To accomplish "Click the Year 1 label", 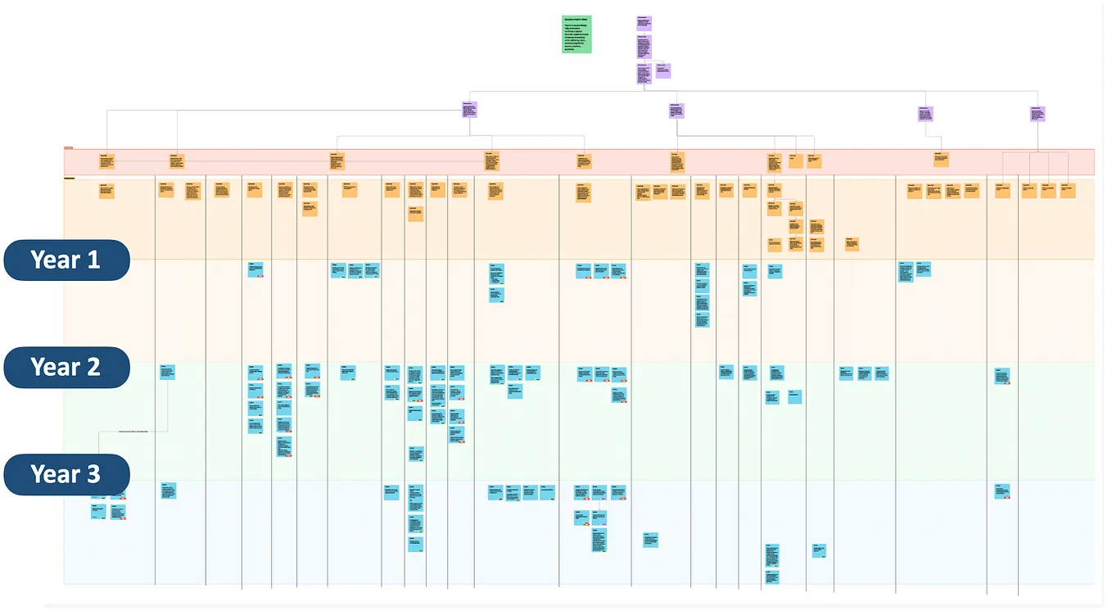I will tap(66, 260).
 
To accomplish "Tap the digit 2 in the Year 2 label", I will tap(93, 368).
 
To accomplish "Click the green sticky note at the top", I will tap(576, 34).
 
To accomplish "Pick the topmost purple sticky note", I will tap(644, 22).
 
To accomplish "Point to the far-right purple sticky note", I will tap(1037, 113).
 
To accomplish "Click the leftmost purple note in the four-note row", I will tap(469, 110).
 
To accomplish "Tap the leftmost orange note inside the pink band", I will tap(107, 161).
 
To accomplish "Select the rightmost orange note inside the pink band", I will tap(941, 159).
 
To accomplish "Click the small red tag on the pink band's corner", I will tap(68, 148).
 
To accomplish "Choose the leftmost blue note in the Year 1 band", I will tap(255, 269).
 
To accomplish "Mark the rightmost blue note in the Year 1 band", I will tap(923, 269).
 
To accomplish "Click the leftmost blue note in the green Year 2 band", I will tap(167, 372).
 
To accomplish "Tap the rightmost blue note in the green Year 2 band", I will tap(1002, 376).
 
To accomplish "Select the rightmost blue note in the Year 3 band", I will tap(1002, 491).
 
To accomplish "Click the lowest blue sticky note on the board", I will tap(772, 577).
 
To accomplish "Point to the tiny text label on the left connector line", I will tap(133, 431).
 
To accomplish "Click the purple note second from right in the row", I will tap(925, 114).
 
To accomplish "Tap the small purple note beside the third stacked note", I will tap(662, 70).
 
